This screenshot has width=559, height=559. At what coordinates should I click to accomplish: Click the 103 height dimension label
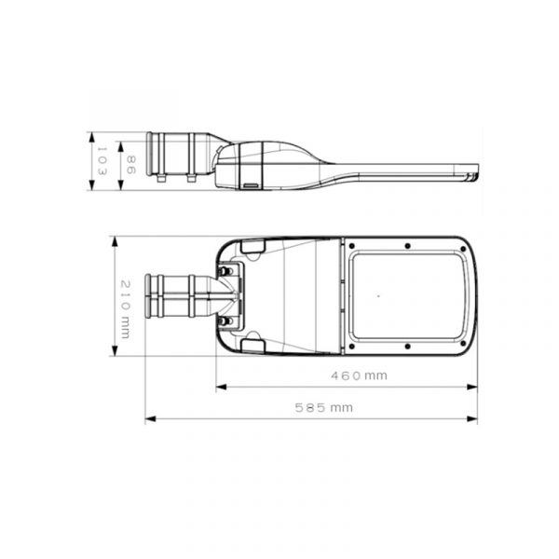click(102, 161)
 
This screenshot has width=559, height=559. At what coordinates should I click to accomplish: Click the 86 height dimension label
click(130, 165)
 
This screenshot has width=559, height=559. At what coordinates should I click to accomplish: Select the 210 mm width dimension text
click(125, 309)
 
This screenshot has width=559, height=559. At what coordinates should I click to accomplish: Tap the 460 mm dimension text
click(359, 375)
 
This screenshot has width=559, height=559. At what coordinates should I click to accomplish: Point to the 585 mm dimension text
click(323, 407)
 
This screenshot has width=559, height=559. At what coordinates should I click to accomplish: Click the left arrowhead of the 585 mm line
click(150, 419)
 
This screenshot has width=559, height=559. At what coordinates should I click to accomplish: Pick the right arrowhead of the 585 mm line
click(472, 419)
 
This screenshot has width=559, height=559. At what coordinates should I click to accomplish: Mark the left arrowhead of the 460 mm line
click(222, 387)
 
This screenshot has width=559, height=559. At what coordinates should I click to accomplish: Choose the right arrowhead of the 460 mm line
click(472, 387)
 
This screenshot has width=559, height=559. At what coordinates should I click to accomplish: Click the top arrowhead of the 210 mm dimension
click(115, 241)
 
